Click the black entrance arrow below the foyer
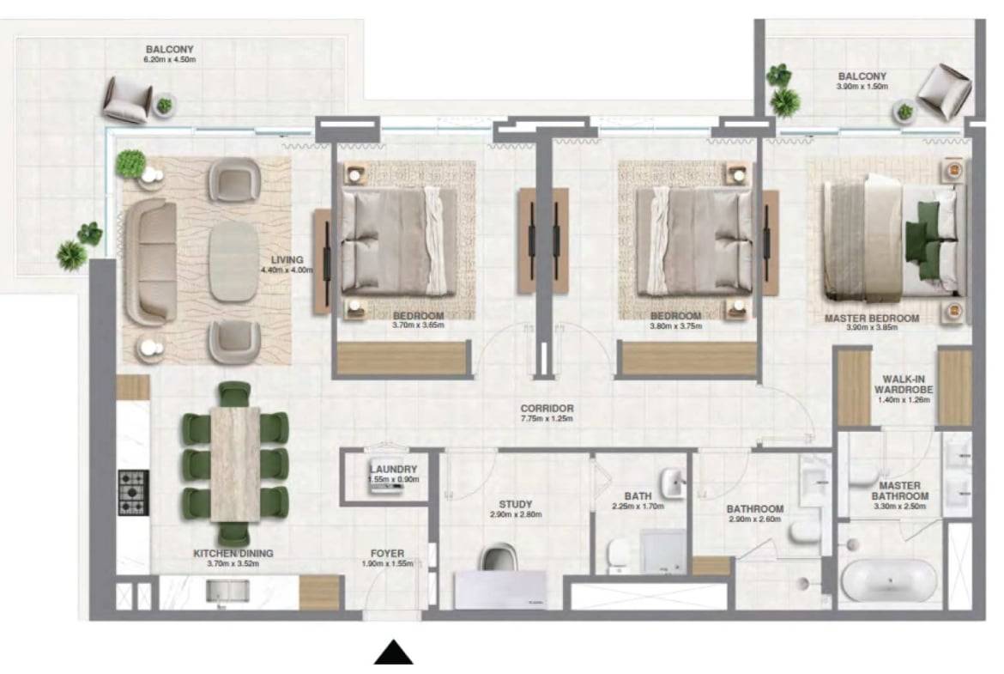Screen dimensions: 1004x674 point(394,653)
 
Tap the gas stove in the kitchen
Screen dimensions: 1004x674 point(133,492)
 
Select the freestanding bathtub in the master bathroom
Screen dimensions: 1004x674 point(889,581)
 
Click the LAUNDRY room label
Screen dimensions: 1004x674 point(393,469)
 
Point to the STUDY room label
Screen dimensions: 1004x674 point(516,504)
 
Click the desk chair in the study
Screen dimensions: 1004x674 point(499,556)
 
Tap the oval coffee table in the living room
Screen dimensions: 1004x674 point(233,261)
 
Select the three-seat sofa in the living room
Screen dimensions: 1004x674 point(150,261)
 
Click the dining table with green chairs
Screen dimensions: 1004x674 point(235,464)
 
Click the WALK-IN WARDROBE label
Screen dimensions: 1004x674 point(904,385)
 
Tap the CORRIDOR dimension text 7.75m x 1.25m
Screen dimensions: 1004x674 point(546,418)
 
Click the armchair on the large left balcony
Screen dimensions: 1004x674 point(127,100)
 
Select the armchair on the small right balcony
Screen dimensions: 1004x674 point(944,90)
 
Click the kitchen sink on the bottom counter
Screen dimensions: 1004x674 point(227,592)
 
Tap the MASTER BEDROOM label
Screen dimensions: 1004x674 point(872,319)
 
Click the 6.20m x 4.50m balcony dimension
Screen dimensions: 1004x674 point(170,59)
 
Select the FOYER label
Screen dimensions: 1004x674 point(387,554)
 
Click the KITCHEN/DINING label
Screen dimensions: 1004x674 point(233,554)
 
